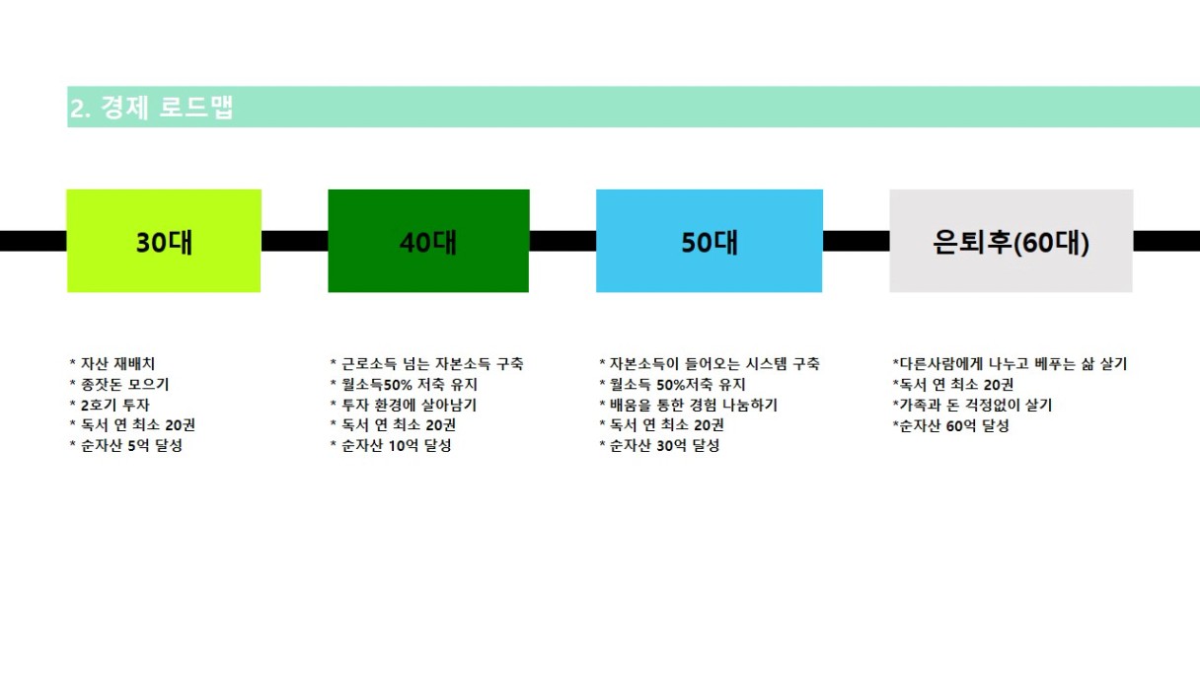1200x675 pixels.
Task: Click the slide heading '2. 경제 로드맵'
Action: (x=151, y=108)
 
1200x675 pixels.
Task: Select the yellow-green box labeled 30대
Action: (x=164, y=241)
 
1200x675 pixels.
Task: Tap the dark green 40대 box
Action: (x=428, y=241)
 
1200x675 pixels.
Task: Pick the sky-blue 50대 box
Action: (x=709, y=241)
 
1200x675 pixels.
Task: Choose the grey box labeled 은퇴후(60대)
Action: (x=1011, y=241)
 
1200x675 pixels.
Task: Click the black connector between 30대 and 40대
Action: (x=294, y=241)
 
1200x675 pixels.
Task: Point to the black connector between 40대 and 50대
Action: (x=562, y=241)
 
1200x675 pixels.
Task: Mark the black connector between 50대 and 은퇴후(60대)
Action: (x=856, y=241)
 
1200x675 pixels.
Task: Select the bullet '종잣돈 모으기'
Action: (x=119, y=384)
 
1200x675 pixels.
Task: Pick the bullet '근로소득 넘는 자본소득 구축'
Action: (x=427, y=363)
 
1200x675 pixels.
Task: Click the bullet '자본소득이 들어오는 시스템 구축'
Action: (x=709, y=363)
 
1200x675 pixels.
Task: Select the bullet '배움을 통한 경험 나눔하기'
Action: (x=688, y=405)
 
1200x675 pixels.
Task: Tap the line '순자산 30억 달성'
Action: (x=659, y=445)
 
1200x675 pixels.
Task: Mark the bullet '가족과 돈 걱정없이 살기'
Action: (x=972, y=405)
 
